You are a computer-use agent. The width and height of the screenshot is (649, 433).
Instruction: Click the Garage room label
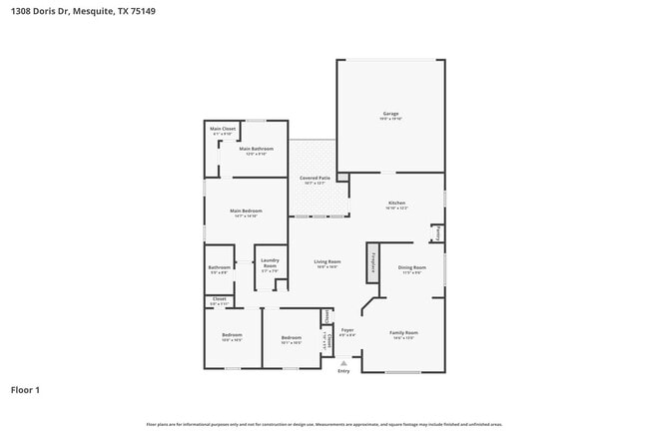click(390, 114)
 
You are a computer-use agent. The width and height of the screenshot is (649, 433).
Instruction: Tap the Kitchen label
click(396, 203)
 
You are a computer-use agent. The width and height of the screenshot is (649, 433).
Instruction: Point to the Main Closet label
click(221, 129)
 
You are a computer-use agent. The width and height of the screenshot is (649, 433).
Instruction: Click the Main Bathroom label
click(256, 149)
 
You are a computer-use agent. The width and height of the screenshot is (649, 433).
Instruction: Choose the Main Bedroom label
click(246, 211)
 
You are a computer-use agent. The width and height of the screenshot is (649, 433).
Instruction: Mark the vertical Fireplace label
click(373, 262)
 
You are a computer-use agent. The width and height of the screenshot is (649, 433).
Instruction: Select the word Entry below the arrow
click(343, 372)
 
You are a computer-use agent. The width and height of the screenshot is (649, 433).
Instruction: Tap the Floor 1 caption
click(26, 389)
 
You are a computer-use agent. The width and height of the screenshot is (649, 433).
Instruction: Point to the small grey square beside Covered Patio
click(342, 178)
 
